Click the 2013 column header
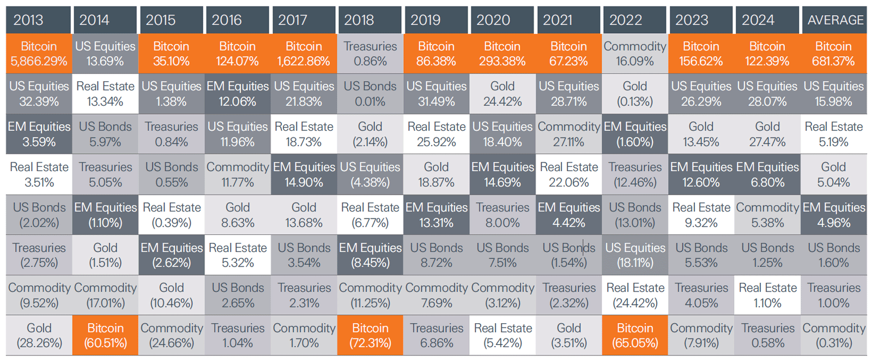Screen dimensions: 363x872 point(39,20)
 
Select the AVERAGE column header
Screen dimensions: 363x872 point(834,20)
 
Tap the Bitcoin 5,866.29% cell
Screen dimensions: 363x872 point(39,54)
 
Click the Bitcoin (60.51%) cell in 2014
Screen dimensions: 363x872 point(105,336)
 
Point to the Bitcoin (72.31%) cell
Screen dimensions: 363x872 point(370,336)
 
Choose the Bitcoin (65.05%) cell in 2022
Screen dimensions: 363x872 point(635,336)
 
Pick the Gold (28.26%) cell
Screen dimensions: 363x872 point(39,336)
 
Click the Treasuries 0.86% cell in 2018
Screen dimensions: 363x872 point(370,54)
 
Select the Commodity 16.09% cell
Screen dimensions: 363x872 point(635,54)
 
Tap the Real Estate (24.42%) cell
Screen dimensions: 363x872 point(635,295)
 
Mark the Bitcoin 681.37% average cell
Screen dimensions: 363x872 point(834,54)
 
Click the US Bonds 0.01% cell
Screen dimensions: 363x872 point(370,94)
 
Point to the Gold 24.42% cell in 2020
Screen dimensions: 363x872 point(502,94)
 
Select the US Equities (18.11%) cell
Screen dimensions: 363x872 point(635,255)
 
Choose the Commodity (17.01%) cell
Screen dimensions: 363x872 point(105,295)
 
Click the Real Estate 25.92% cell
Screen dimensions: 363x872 point(436,134)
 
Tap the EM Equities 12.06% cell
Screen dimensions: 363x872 point(238,94)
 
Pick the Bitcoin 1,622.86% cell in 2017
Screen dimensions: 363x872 point(304,54)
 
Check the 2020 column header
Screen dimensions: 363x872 point(502,20)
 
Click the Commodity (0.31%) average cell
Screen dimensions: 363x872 point(834,336)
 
